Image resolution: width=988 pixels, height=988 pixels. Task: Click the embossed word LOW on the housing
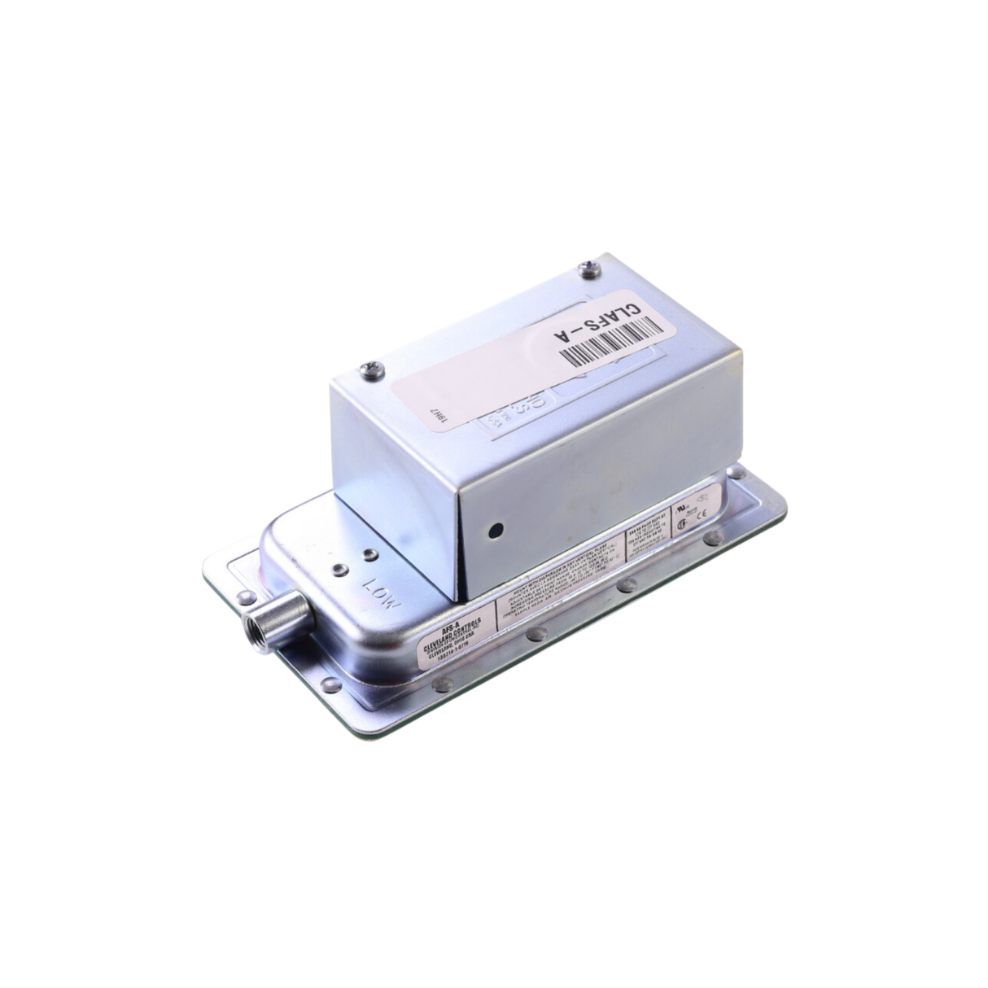click(x=382, y=592)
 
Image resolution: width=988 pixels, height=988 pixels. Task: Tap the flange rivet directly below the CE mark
click(x=714, y=538)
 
